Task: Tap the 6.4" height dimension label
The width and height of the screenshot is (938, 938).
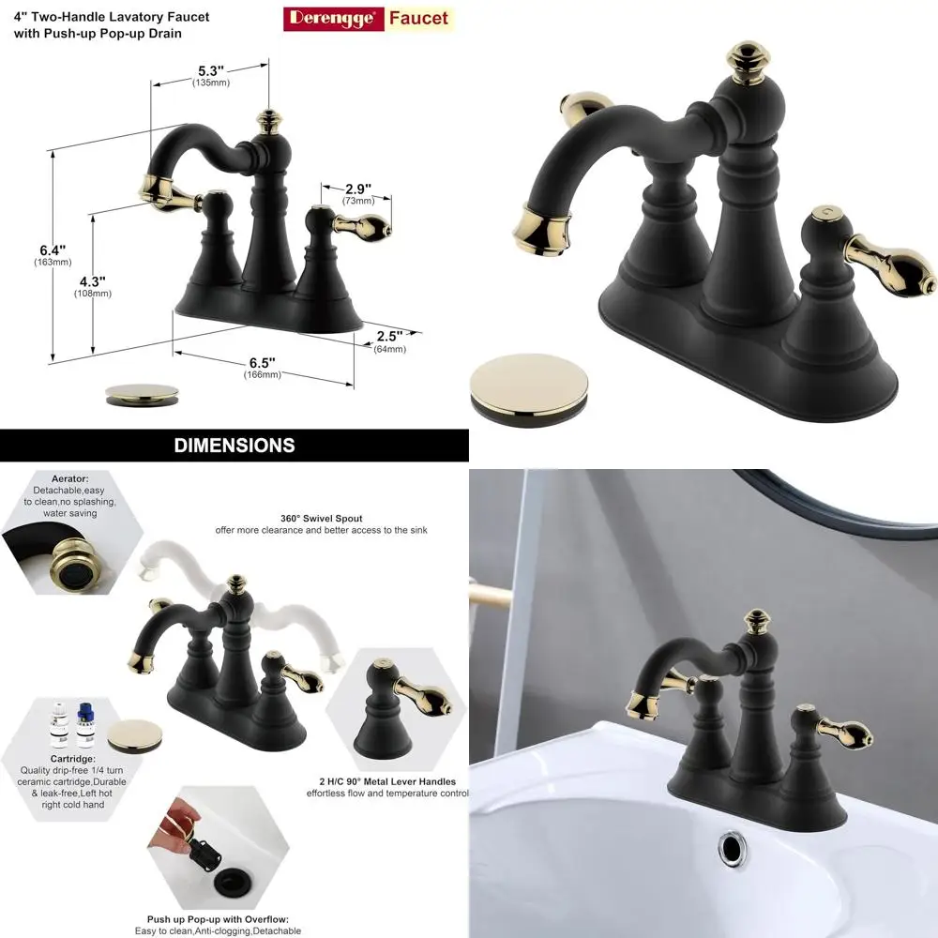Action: [x=53, y=250]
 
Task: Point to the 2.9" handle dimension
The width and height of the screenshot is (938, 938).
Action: [x=357, y=189]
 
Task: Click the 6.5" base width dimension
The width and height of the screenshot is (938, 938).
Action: [x=262, y=363]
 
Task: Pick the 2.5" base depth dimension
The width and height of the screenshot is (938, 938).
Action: [x=389, y=337]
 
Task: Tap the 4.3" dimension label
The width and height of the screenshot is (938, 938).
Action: [x=92, y=281]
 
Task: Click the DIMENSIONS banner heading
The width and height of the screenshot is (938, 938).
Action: [x=234, y=446]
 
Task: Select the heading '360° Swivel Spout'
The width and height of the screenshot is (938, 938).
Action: [x=321, y=518]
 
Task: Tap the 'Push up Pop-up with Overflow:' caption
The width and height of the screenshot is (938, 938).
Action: [x=218, y=919]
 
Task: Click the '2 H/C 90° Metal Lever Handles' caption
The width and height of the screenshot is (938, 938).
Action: [x=386, y=781]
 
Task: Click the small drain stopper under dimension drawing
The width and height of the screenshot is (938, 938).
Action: [x=142, y=391]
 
